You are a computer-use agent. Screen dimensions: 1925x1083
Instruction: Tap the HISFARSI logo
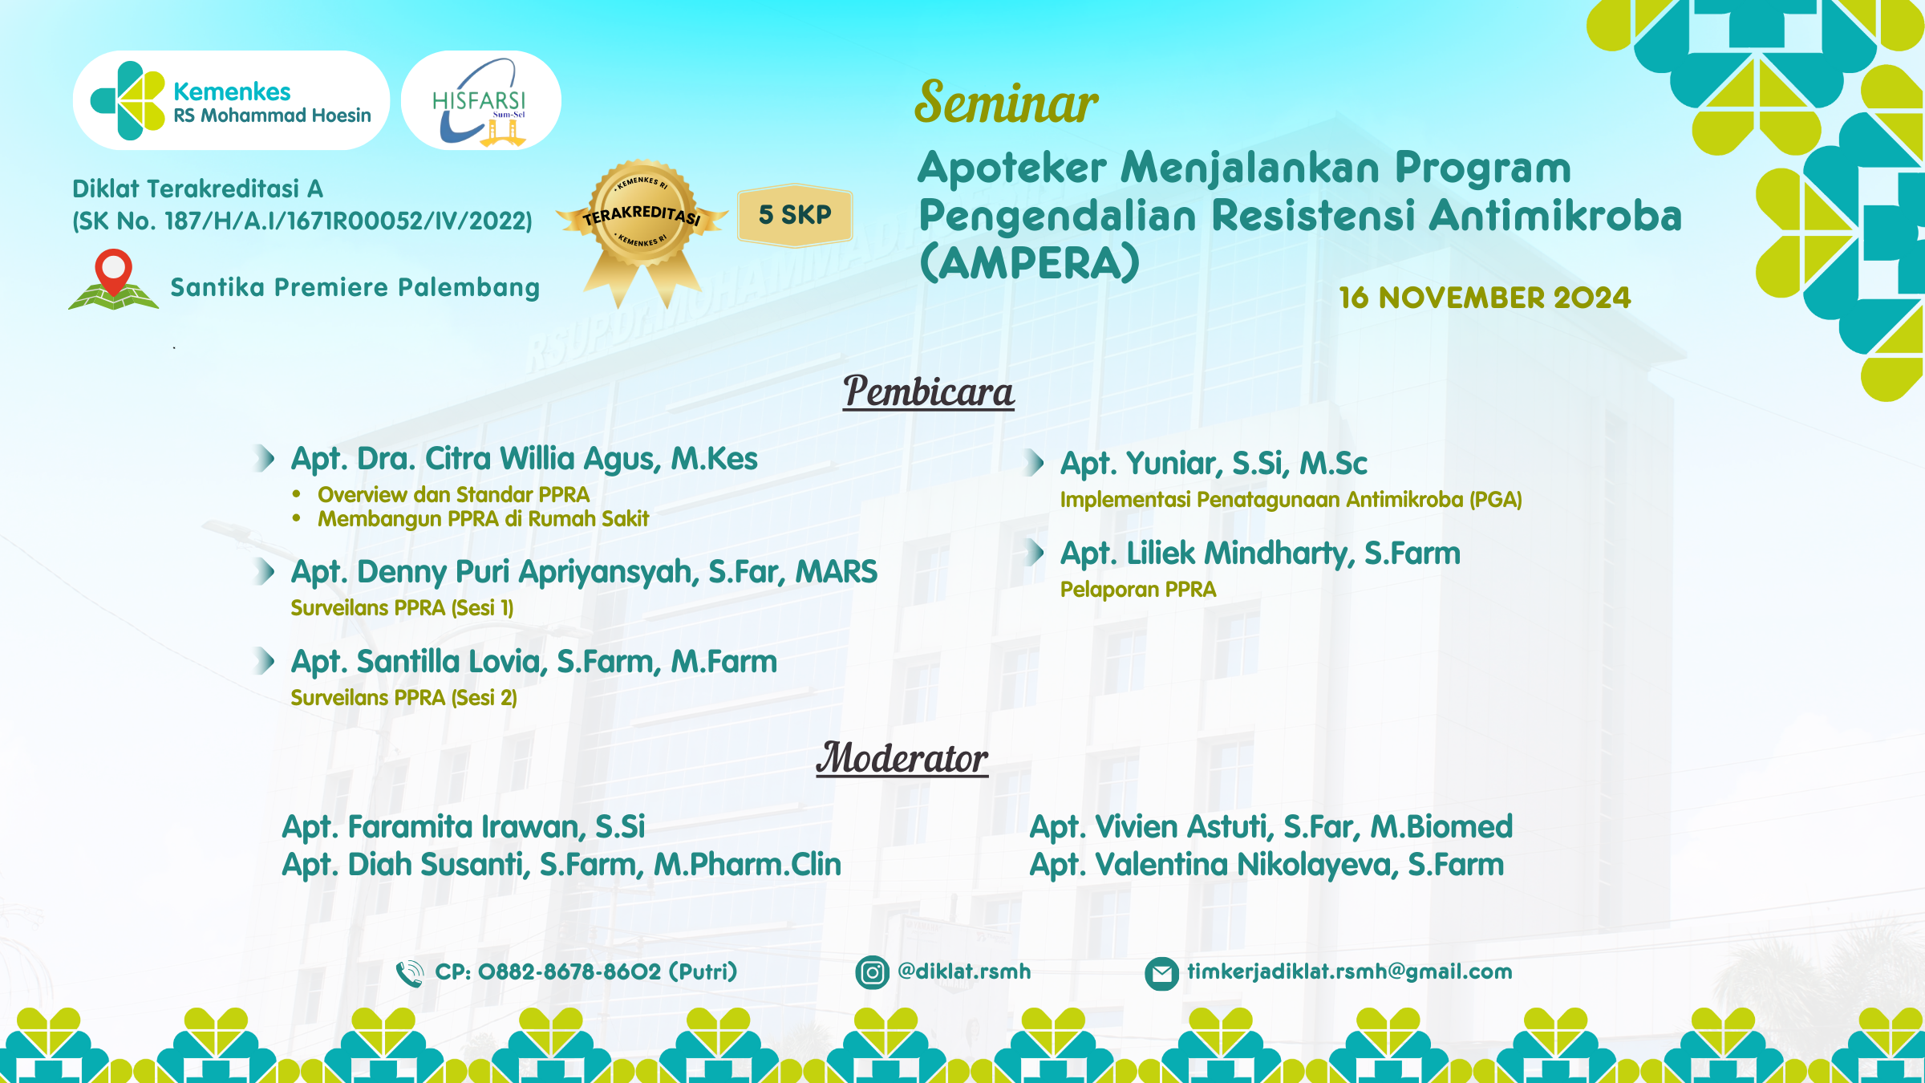tap(480, 101)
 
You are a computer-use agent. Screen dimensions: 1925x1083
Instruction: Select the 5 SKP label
tap(795, 215)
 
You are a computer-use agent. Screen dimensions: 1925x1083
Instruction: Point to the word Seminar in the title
tap(1006, 103)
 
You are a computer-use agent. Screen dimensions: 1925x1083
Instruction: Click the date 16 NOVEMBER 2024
tap(1485, 298)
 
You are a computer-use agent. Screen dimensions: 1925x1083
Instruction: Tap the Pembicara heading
tap(928, 392)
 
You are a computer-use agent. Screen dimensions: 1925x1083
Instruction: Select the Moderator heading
tap(902, 758)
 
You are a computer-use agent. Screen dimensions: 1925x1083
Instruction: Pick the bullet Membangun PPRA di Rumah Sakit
tap(483, 519)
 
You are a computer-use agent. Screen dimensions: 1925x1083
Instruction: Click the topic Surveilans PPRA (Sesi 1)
tap(402, 608)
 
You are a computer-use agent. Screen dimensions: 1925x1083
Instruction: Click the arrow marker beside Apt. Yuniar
tap(1035, 463)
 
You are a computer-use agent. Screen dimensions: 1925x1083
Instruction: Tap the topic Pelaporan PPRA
tap(1137, 590)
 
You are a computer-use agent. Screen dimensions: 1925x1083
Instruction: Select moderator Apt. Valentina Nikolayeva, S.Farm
tap(1266, 865)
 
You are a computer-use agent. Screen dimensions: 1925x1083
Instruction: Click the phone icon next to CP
tap(410, 973)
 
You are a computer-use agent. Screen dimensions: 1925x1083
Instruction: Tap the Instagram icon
tap(872, 973)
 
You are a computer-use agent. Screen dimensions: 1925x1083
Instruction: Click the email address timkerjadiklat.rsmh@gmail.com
tap(1349, 971)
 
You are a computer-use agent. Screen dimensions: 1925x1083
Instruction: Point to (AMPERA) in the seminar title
tap(1029, 262)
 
